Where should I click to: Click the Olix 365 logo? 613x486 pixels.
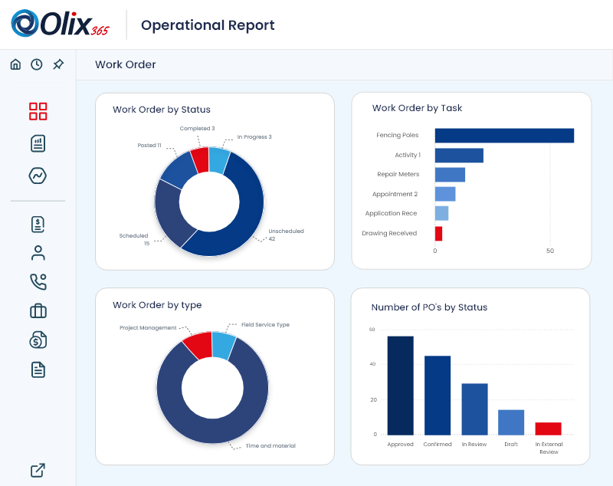(x=60, y=24)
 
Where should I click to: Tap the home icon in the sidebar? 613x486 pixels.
(x=15, y=64)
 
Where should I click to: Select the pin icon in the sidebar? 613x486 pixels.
(x=58, y=64)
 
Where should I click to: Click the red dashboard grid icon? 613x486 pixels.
(x=38, y=111)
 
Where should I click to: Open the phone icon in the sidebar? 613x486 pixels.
(x=38, y=281)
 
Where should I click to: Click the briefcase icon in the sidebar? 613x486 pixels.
(x=38, y=311)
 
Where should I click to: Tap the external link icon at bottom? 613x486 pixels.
(x=38, y=470)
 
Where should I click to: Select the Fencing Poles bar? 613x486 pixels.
(x=504, y=136)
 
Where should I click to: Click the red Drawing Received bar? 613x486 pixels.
(x=438, y=234)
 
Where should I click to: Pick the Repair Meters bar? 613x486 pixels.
(x=450, y=175)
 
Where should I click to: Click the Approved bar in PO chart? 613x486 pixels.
(x=400, y=385)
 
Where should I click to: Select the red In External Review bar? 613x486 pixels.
(x=548, y=429)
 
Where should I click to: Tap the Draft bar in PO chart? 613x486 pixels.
(x=511, y=422)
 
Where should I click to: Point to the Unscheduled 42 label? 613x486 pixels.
(x=285, y=235)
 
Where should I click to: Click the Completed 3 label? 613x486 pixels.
(x=197, y=129)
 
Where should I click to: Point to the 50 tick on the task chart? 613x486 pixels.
(x=550, y=251)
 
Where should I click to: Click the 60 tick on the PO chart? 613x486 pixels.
(x=372, y=330)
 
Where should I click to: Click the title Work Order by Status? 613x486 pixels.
(x=161, y=110)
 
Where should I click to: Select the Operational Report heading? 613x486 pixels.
(x=208, y=25)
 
